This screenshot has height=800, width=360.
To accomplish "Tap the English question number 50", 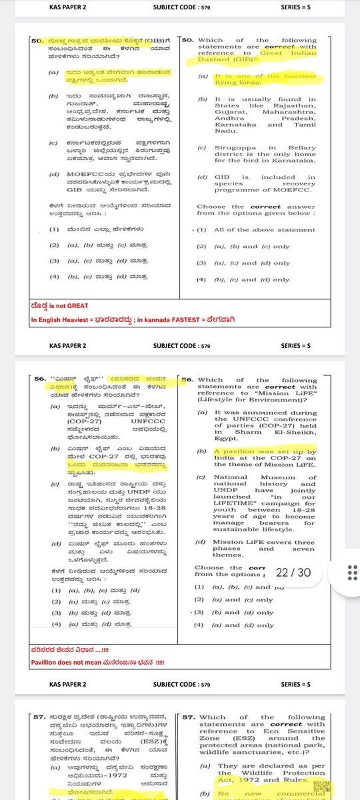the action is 187,40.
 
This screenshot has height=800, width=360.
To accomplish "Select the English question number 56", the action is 187,379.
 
